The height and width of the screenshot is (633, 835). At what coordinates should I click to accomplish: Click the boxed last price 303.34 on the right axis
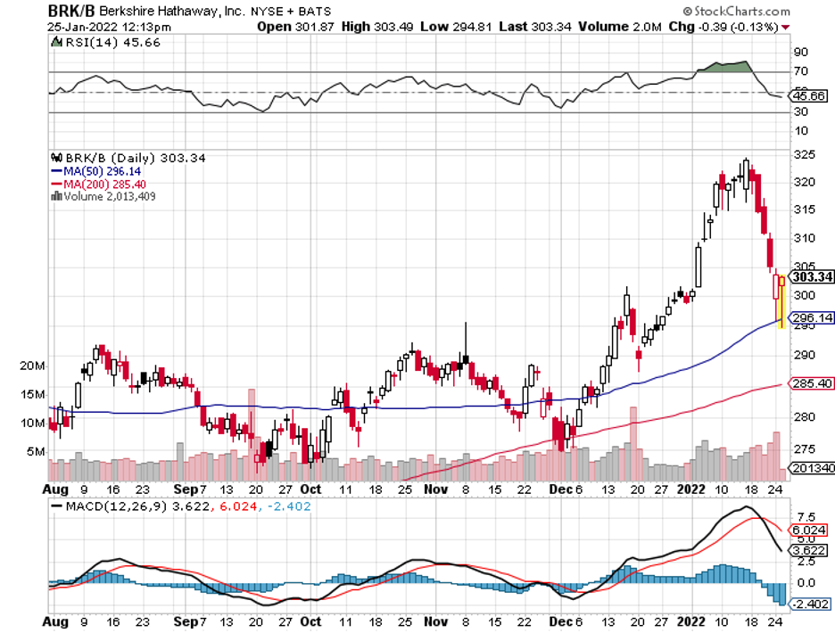(x=813, y=277)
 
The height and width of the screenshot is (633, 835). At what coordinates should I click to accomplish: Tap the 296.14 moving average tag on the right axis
(x=813, y=316)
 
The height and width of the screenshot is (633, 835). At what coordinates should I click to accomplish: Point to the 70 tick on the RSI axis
(x=800, y=71)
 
